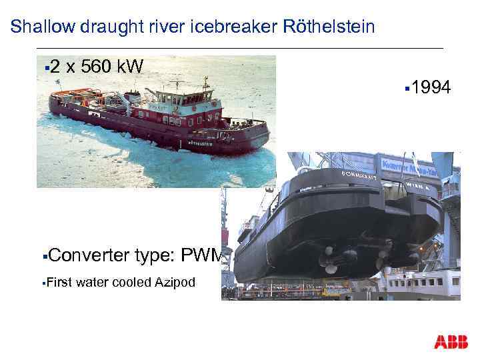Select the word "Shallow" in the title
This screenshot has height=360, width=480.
tap(39, 27)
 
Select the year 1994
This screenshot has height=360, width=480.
tap(432, 87)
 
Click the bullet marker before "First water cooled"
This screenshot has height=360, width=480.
tap(42, 283)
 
